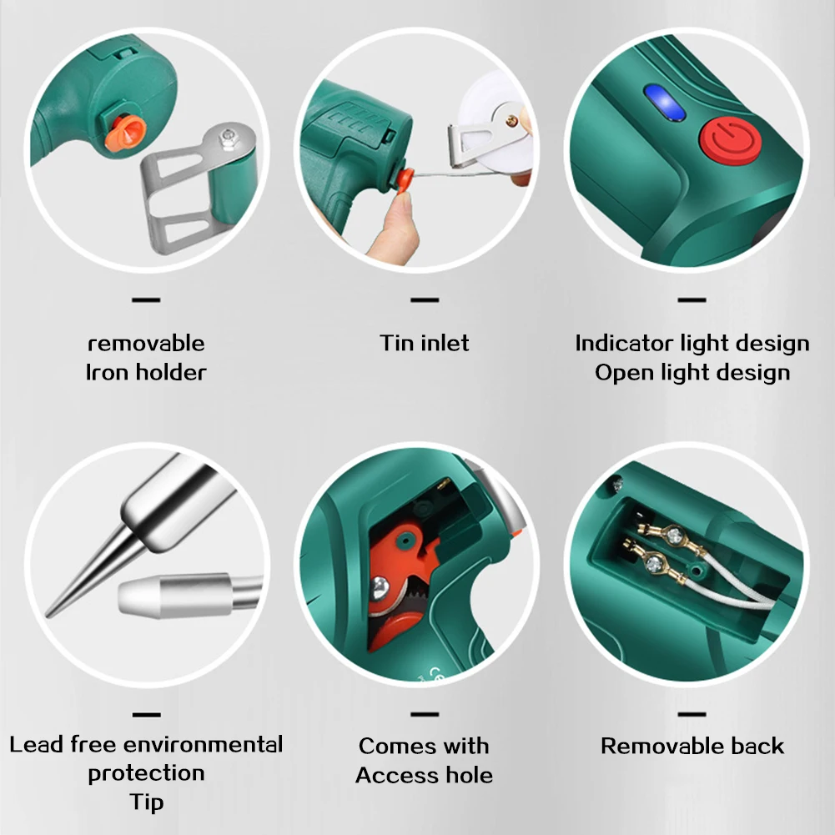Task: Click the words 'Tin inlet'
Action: pyautogui.click(x=425, y=343)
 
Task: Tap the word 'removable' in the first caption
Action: pyautogui.click(x=146, y=343)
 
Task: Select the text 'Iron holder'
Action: pyautogui.click(x=146, y=372)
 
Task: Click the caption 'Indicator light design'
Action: pyautogui.click(x=692, y=343)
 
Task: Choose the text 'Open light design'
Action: pyautogui.click(x=692, y=372)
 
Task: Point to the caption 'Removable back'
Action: pyautogui.click(x=692, y=746)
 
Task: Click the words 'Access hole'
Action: pyautogui.click(x=425, y=775)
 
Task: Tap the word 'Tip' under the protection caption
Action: pyautogui.click(x=146, y=802)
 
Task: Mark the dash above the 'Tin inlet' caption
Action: pyautogui.click(x=425, y=299)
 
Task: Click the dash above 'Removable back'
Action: pyautogui.click(x=692, y=714)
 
